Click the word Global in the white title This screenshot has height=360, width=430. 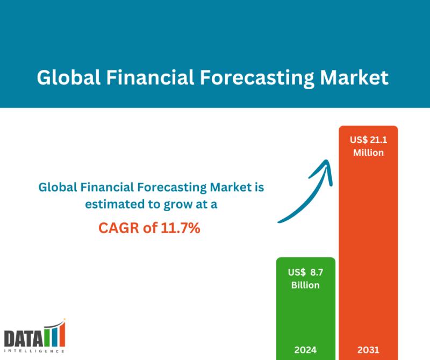[x=69, y=77]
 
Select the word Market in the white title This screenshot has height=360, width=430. [x=354, y=77]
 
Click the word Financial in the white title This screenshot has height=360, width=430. [x=150, y=77]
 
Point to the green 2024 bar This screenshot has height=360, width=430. [x=306, y=308]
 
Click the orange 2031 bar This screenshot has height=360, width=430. [x=368, y=243]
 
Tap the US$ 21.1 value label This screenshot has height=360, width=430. [x=368, y=140]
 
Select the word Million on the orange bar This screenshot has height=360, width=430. [x=368, y=153]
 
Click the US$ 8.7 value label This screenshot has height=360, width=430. [x=305, y=272]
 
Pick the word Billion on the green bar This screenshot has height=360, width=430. [x=305, y=285]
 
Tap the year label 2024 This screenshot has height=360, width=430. [x=305, y=350]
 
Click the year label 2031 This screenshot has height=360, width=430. [x=368, y=350]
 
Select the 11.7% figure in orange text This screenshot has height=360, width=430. [x=181, y=228]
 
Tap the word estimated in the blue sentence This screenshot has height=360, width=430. [x=115, y=204]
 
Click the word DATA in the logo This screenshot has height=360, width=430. [x=24, y=339]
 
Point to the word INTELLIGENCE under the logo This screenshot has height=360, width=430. [x=34, y=351]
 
